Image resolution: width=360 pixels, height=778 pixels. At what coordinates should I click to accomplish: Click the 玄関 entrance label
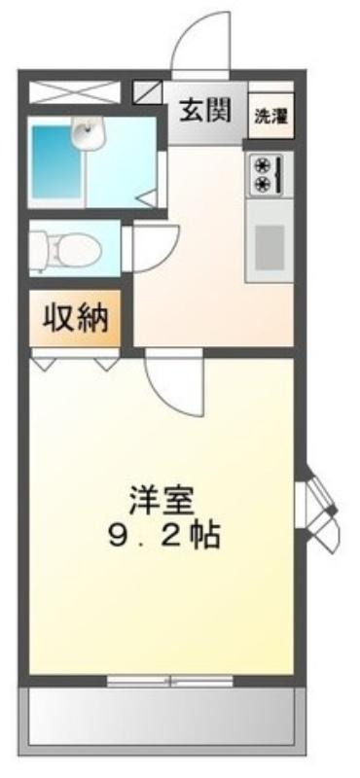point(205,111)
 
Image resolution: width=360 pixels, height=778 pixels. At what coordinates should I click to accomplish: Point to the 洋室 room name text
point(161,501)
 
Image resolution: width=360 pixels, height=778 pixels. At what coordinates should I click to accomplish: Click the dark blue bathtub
point(56,161)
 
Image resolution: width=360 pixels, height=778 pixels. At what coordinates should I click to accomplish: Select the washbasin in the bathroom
point(89,132)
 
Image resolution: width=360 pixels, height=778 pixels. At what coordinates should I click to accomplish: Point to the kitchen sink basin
point(270,240)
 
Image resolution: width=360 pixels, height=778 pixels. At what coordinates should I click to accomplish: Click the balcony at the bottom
point(162,716)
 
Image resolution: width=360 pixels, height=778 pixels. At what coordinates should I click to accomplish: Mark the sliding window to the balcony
point(170,682)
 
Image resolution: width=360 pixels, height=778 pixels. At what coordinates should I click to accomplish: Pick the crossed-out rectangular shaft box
point(75,92)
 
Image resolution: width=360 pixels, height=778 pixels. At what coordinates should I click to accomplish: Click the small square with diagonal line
point(148,92)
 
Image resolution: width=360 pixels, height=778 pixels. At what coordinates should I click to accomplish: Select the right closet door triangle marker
point(105,363)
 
